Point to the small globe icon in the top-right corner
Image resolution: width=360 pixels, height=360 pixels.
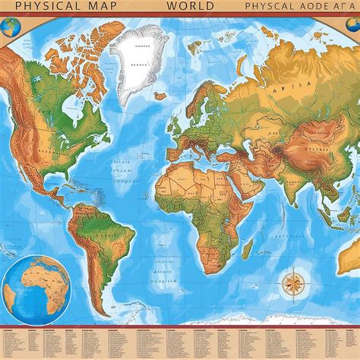pos(351,27)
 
